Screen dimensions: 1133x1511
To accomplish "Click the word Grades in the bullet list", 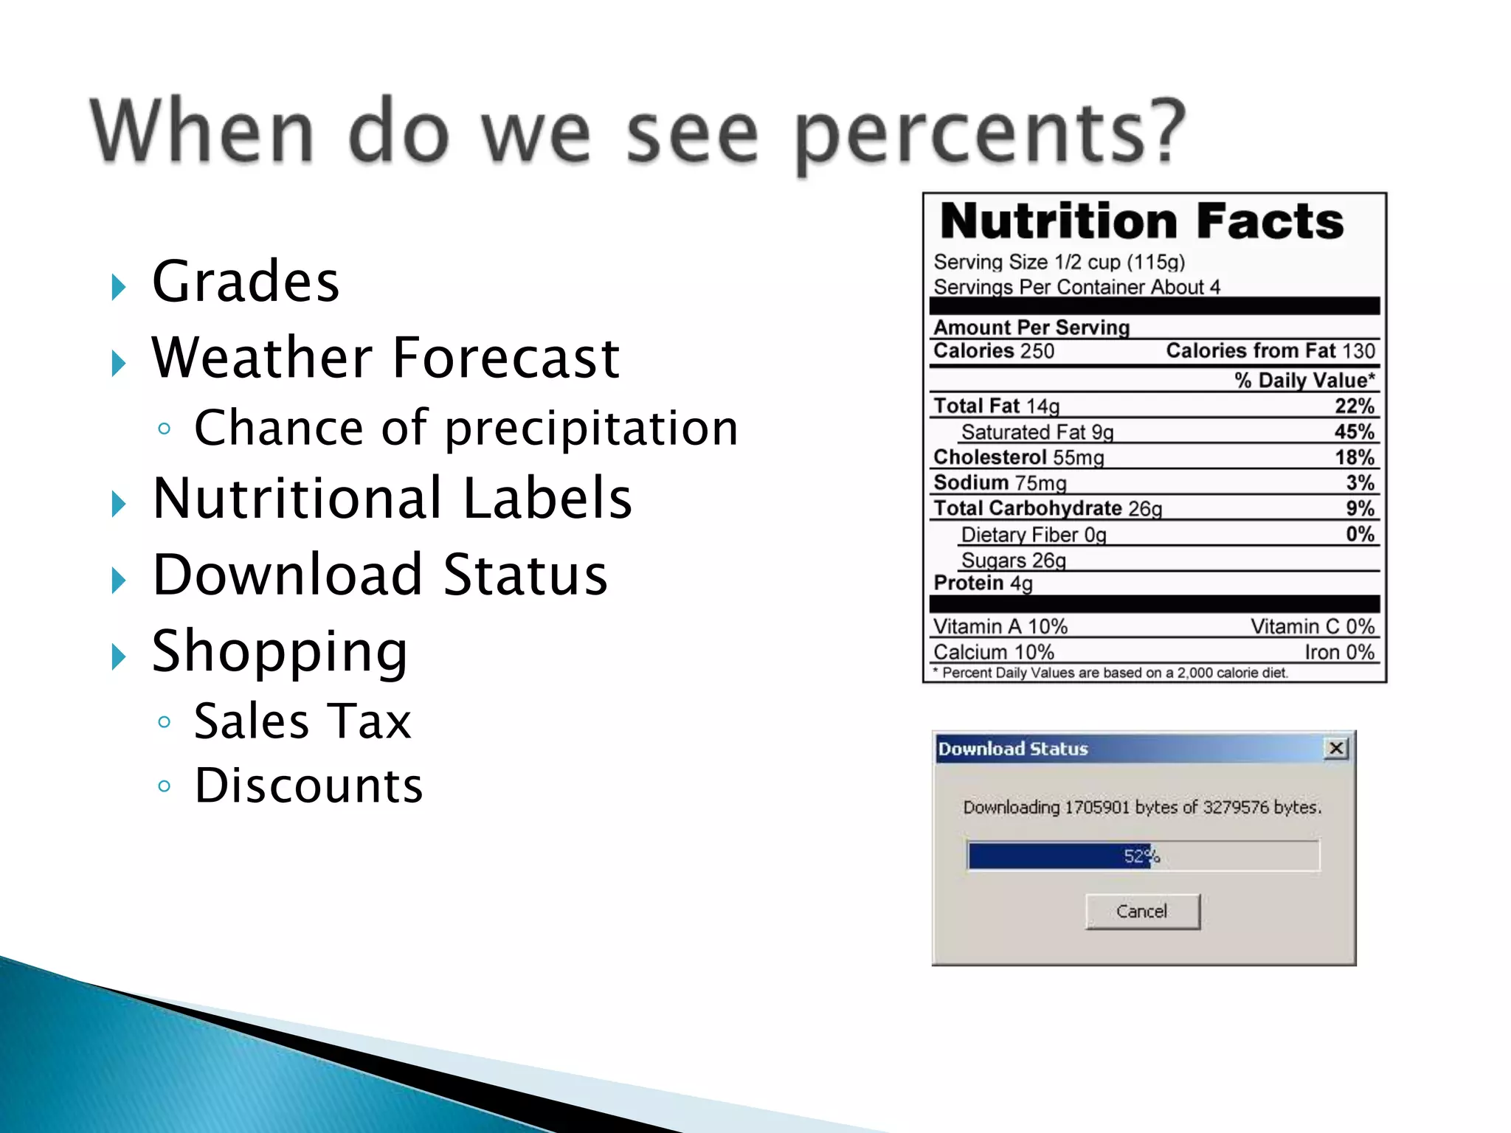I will [x=245, y=282].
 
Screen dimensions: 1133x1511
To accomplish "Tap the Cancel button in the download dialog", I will [x=1142, y=911].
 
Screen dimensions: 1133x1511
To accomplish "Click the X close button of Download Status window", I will [x=1336, y=749].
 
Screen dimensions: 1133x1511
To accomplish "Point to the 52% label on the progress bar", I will [x=1141, y=856].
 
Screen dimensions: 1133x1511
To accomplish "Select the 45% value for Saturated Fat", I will [x=1354, y=432].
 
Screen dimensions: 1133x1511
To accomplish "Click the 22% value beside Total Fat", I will [x=1354, y=406].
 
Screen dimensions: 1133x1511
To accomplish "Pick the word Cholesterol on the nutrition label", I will [x=989, y=457].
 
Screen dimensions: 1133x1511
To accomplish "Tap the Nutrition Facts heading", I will [x=1141, y=221].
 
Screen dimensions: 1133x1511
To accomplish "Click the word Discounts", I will [x=308, y=786].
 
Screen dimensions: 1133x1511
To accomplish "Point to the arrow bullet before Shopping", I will [x=118, y=655].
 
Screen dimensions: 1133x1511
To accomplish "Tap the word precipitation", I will [x=591, y=429].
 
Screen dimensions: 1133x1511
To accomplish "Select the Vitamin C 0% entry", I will [x=1312, y=626].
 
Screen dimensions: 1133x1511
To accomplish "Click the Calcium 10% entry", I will [x=993, y=652].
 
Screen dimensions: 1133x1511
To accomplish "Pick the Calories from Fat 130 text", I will [x=1270, y=351].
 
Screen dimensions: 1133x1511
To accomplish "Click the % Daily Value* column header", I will [x=1304, y=380].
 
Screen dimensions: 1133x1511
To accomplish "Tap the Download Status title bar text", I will [x=1012, y=749].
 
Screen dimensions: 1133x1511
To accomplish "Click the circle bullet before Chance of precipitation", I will [x=165, y=429].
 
